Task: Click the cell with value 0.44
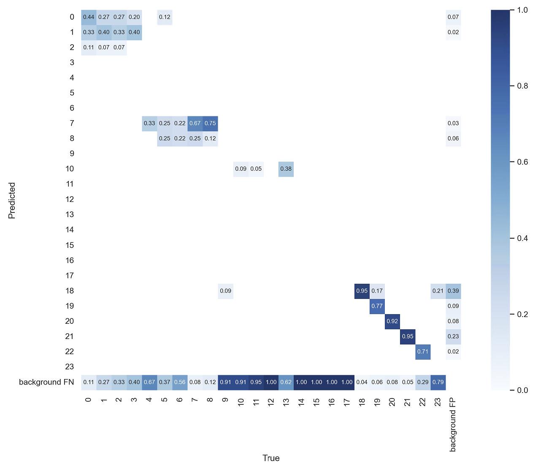click(89, 17)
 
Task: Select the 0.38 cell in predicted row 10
click(286, 169)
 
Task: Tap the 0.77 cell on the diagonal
click(377, 306)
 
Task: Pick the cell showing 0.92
click(392, 321)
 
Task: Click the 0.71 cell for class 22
click(422, 352)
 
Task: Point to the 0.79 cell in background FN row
click(438, 382)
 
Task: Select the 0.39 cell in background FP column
click(453, 291)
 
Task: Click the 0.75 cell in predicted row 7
click(210, 124)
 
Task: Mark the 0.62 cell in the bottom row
click(286, 382)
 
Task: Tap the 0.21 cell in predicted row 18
click(438, 291)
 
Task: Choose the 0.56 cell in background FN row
click(180, 382)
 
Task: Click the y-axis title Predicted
click(12, 200)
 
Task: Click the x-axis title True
click(271, 458)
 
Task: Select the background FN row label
click(46, 382)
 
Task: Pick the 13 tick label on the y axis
click(70, 215)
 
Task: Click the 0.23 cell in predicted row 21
click(453, 336)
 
